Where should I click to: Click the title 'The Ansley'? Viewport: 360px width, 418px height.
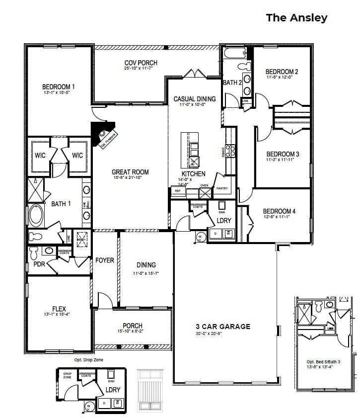point(296,18)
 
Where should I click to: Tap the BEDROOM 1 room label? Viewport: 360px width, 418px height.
point(59,87)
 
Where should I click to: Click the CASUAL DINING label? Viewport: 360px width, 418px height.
point(195,99)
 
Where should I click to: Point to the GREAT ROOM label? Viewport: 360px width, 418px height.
point(130,172)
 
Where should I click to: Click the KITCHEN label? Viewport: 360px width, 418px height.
point(193,173)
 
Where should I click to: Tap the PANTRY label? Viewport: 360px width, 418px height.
point(221,189)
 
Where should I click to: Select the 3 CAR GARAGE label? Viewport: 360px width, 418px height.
point(222,327)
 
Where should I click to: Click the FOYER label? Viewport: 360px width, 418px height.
point(105,260)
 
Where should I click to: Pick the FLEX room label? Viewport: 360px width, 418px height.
point(59,308)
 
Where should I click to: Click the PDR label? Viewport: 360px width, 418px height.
point(40,264)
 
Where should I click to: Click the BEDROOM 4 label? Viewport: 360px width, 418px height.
point(279,211)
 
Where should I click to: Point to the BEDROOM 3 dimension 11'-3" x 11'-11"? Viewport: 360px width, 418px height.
point(283,160)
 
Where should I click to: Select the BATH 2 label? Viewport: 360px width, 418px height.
point(232,83)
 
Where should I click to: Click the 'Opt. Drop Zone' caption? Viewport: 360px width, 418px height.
point(89,359)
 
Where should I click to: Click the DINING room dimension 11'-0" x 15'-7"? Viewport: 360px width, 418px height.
point(146,273)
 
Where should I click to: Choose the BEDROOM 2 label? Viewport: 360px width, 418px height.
point(282,72)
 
